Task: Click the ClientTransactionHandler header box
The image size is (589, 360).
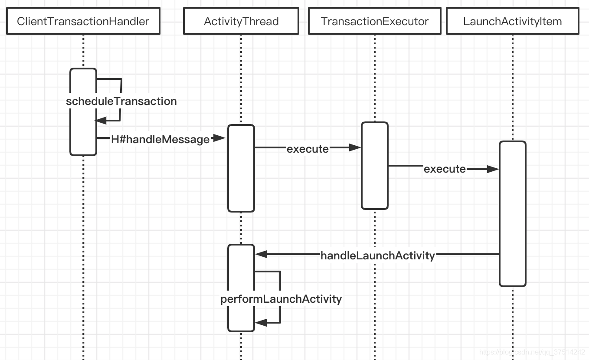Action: click(83, 21)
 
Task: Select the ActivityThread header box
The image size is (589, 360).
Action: click(241, 21)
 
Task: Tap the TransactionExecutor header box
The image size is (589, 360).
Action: click(374, 21)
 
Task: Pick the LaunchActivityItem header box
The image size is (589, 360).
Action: click(512, 21)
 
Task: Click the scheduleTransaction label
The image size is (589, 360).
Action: click(121, 101)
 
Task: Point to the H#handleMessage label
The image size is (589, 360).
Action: click(160, 139)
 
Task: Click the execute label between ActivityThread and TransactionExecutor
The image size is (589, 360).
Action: click(308, 149)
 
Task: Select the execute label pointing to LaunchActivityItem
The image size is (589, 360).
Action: click(445, 169)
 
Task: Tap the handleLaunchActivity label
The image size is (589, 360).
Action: click(377, 255)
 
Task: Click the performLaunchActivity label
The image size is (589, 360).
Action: click(281, 299)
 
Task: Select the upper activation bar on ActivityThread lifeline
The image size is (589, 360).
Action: click(241, 182)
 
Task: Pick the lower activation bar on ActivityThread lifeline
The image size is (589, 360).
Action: click(241, 304)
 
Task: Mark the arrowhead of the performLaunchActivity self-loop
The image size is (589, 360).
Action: click(261, 322)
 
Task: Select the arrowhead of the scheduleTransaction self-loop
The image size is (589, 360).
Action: click(101, 121)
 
